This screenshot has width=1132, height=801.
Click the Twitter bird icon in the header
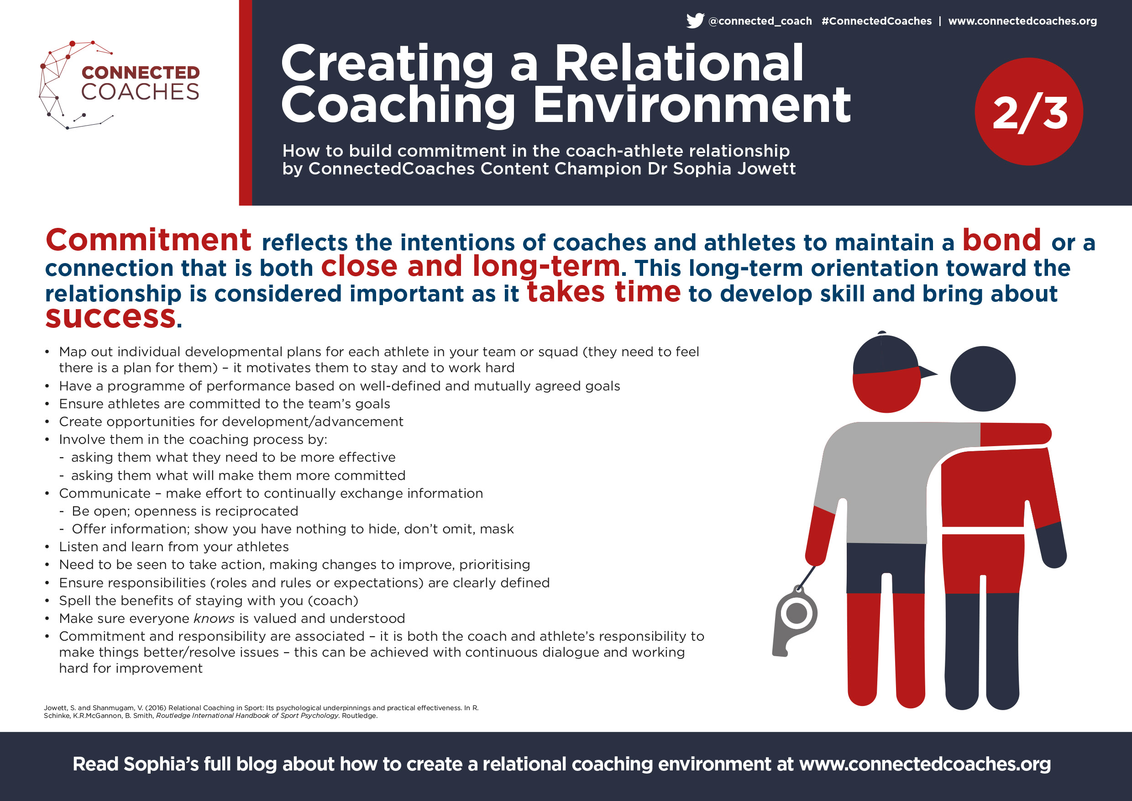[695, 21]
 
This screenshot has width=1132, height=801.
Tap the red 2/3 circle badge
[1029, 111]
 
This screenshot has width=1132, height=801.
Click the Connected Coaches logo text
[141, 83]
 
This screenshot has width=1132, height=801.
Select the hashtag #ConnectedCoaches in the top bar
[876, 21]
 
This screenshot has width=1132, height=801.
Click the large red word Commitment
[148, 240]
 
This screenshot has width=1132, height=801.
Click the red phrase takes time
[604, 291]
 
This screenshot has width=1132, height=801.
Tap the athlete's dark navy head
[983, 379]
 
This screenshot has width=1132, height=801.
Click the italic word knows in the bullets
[214, 618]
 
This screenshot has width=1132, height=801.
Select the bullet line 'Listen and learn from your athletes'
[174, 547]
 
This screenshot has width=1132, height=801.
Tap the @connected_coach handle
[760, 21]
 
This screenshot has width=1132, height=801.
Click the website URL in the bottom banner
[925, 764]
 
